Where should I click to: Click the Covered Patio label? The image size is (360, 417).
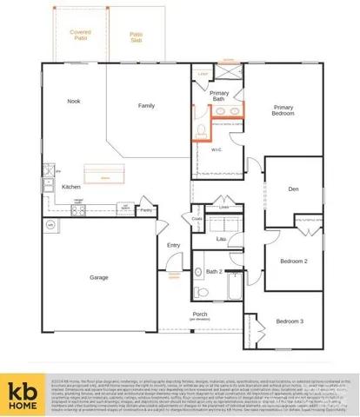[80, 36]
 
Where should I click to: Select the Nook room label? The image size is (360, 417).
[74, 102]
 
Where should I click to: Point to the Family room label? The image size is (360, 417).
[147, 106]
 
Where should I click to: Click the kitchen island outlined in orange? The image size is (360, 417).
[104, 177]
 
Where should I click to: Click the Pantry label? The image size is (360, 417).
[146, 210]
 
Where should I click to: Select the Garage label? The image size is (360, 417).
[99, 278]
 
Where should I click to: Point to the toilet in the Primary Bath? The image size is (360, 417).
[199, 131]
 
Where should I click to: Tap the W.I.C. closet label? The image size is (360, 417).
[217, 149]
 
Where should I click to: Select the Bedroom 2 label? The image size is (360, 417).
[293, 261]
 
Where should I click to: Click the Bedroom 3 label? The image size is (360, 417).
[290, 322]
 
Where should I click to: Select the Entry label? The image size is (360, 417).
[173, 245]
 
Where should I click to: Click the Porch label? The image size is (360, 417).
[200, 314]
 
